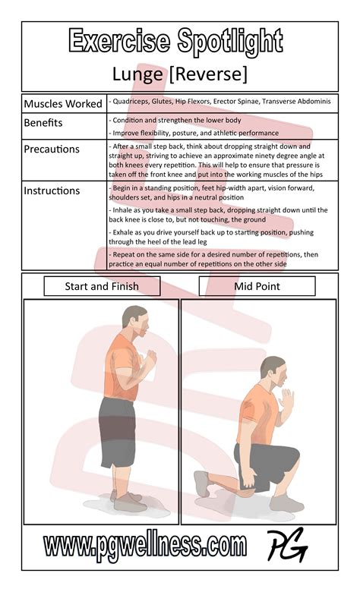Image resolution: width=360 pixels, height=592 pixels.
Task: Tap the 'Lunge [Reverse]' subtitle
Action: (179, 74)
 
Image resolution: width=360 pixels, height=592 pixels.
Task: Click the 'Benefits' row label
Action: (43, 122)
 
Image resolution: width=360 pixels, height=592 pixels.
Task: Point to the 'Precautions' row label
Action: (52, 149)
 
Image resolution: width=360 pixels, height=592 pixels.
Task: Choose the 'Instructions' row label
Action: (52, 191)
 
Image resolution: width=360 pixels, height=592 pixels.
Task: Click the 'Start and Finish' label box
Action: (102, 286)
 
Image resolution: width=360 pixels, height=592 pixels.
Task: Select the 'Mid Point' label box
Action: (257, 286)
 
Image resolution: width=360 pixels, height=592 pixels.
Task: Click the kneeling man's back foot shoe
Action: (201, 484)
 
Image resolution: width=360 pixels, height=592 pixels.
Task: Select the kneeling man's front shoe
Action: (286, 502)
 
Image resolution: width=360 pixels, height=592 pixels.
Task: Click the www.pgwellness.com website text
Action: (144, 545)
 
